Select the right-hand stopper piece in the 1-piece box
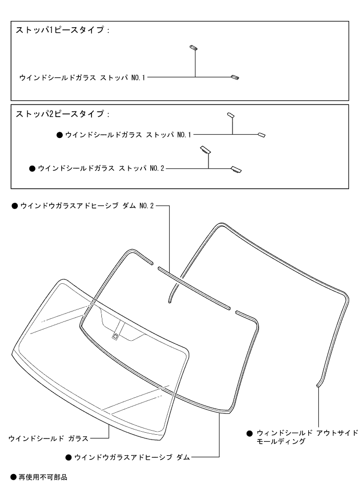click(x=235, y=78)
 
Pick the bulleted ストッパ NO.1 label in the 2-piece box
click(x=128, y=135)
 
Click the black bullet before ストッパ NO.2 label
click(x=32, y=169)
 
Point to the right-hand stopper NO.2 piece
click(x=236, y=169)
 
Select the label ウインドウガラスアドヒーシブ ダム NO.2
click(x=87, y=206)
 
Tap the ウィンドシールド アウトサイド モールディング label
click(x=306, y=437)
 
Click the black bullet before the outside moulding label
click(x=249, y=433)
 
